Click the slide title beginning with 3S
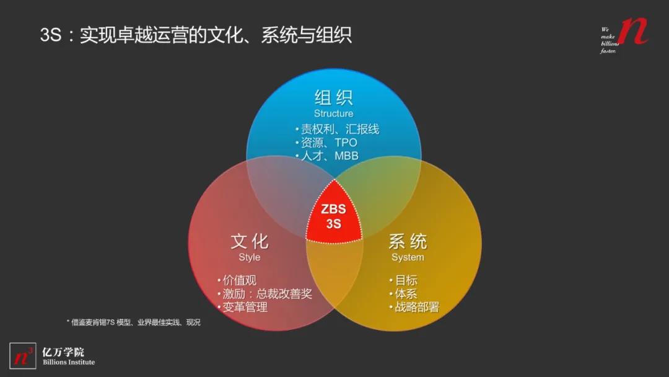coord(196,35)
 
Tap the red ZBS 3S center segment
coord(334,216)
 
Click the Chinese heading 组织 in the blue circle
coord(333,98)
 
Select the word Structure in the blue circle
coord(333,113)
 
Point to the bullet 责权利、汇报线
coord(338,130)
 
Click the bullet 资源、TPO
coord(327,143)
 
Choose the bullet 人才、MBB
coord(328,156)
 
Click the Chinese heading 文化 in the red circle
coord(250,241)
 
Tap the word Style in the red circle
coord(250,257)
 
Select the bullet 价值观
coord(237,280)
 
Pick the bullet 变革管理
coord(243,307)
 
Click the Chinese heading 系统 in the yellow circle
coord(408,241)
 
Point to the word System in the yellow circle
coord(408,257)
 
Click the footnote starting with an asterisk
coord(133,322)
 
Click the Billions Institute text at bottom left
coord(69,362)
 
